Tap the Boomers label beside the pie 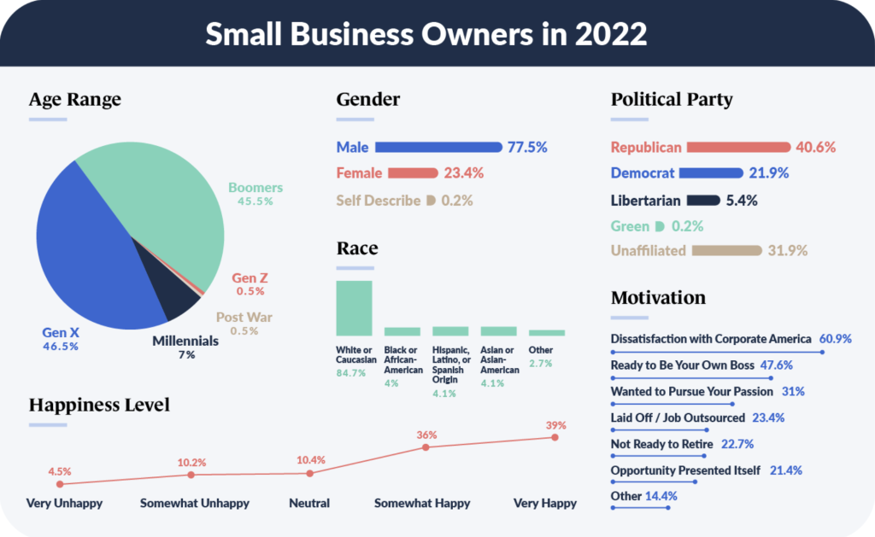[255, 188]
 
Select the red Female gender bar [413, 173]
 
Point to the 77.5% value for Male [527, 147]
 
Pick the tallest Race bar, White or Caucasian [354, 308]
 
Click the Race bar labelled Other [547, 332]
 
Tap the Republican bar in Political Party [738, 147]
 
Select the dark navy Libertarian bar [703, 201]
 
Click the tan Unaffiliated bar [726, 251]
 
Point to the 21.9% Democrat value [770, 173]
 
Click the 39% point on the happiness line [555, 437]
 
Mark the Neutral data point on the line [310, 473]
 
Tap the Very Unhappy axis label [64, 503]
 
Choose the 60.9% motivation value [835, 339]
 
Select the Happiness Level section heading [99, 404]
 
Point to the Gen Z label [250, 278]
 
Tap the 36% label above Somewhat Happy [426, 434]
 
